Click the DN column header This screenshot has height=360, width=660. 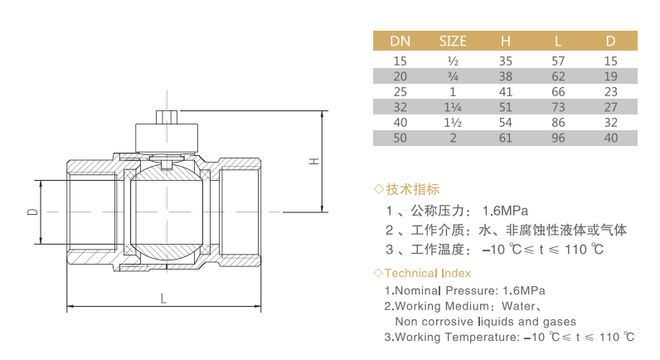tap(400, 41)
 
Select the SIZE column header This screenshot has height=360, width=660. tap(453, 41)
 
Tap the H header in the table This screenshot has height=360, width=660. tap(506, 41)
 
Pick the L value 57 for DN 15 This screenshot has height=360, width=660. tap(559, 61)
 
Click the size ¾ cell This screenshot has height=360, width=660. tap(453, 75)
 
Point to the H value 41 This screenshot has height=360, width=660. tap(506, 91)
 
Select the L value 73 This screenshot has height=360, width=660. tap(559, 107)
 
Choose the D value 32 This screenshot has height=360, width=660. tap(611, 122)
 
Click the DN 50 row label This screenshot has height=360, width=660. tap(400, 138)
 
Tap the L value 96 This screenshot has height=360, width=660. tap(559, 138)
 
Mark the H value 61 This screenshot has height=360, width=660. tap(506, 138)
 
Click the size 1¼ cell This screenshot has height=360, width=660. tap(453, 107)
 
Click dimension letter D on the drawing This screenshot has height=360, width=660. tap(32, 212)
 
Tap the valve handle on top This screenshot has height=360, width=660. tap(167, 133)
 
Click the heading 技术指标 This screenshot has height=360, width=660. tap(413, 189)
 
